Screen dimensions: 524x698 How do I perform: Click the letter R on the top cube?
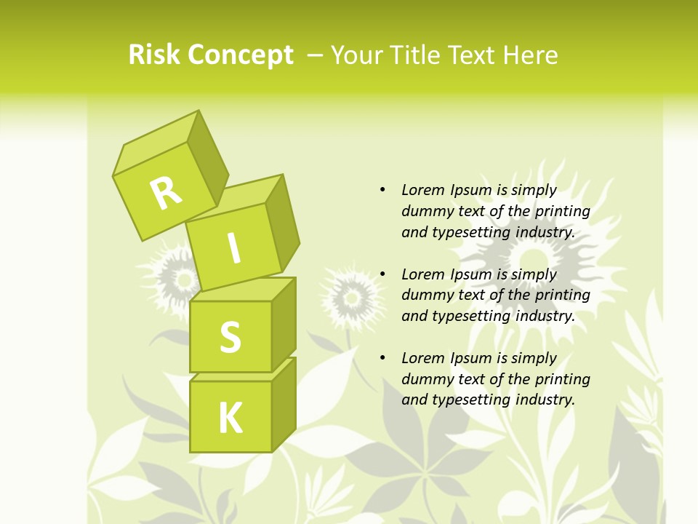coord(166,193)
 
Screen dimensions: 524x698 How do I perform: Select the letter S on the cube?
coord(230,337)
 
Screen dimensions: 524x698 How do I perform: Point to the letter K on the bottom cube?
coord(230,418)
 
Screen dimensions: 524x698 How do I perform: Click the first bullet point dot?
coord(382,190)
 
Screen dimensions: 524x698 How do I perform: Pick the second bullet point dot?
coord(382,274)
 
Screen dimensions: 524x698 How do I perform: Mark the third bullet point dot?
coord(382,358)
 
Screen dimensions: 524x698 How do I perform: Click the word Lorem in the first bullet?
coord(423,190)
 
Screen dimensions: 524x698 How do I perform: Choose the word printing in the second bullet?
coord(562,295)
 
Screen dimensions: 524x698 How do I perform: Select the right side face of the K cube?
coord(284,404)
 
